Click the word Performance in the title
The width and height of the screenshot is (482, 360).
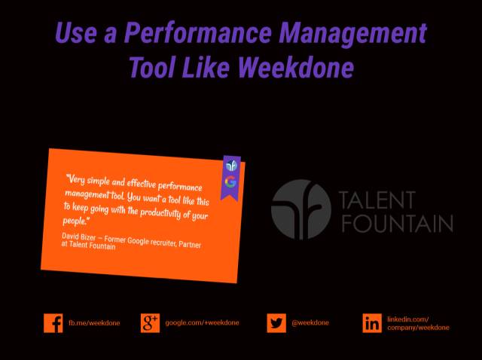(x=198, y=32)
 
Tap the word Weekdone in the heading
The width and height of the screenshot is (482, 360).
(x=296, y=67)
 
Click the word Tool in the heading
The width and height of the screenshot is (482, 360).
(x=152, y=67)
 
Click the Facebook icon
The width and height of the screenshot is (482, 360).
(x=53, y=323)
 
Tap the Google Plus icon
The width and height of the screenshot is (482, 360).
(x=151, y=323)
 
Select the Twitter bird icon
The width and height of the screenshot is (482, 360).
(x=276, y=323)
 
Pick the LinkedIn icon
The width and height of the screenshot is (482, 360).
(x=372, y=323)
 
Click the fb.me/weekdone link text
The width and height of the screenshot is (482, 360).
(x=94, y=323)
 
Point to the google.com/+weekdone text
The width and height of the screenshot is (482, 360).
(x=202, y=323)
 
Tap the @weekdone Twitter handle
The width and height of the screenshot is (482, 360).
(x=310, y=323)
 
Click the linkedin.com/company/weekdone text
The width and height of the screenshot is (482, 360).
(x=418, y=323)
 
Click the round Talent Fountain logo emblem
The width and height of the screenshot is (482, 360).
(x=301, y=209)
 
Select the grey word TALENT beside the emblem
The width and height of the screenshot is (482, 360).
(x=377, y=200)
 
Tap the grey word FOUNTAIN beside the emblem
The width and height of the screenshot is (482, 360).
(x=398, y=223)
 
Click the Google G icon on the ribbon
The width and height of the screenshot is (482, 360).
(x=230, y=182)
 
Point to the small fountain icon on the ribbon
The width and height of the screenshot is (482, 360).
(x=231, y=166)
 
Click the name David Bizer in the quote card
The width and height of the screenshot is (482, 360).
(x=78, y=236)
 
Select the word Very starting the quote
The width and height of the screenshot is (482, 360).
(x=75, y=179)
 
